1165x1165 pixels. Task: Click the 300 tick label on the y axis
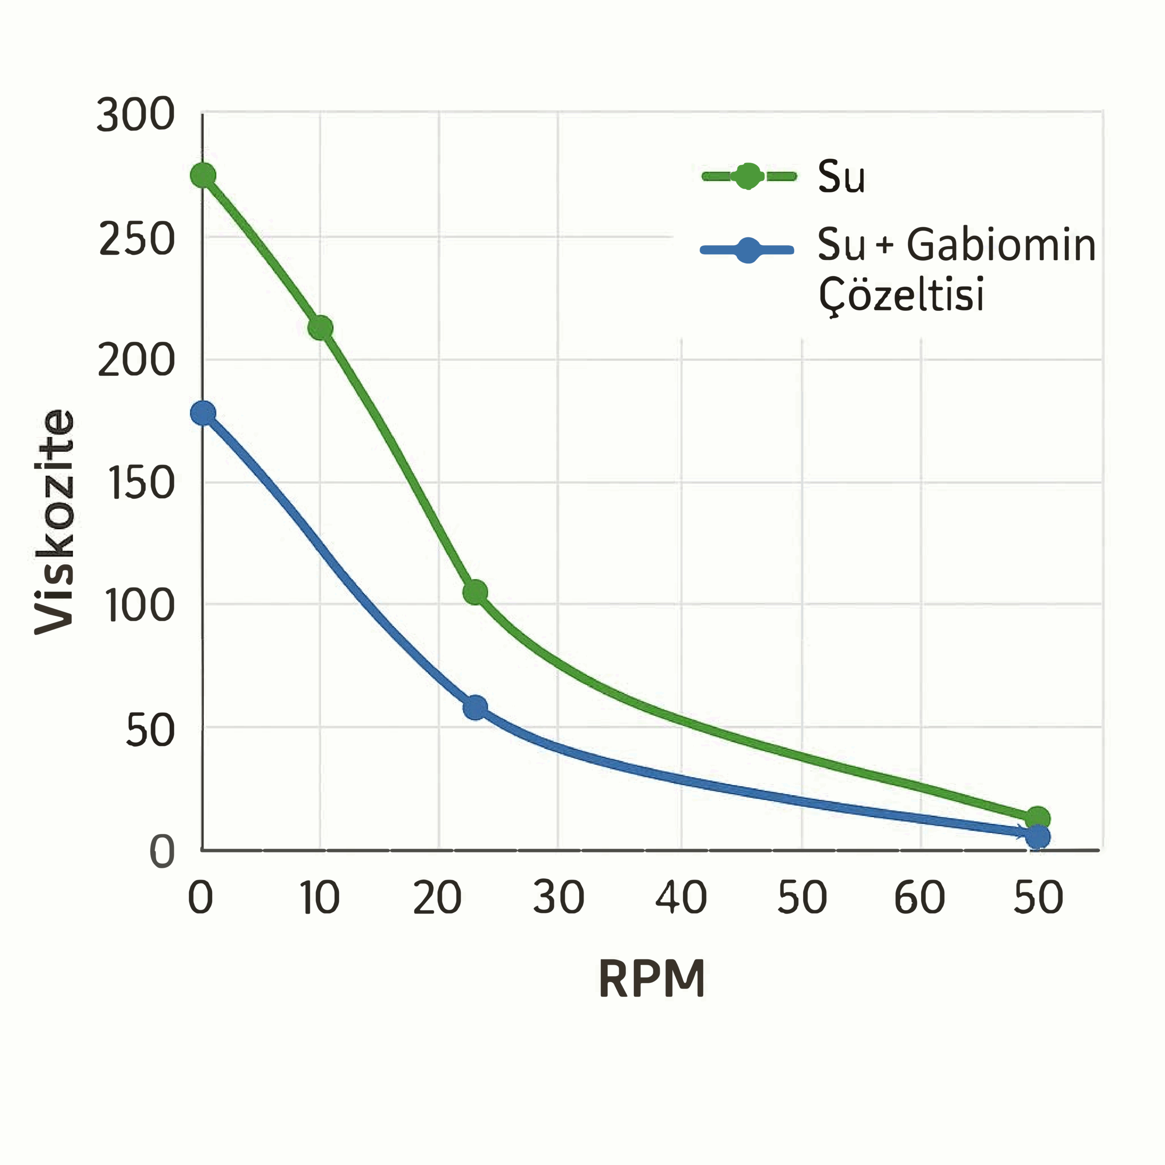point(136,116)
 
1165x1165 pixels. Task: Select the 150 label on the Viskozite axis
point(140,484)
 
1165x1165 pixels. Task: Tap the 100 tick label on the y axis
point(140,606)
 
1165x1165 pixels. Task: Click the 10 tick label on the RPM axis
point(319,898)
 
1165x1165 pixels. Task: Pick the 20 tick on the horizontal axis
point(438,898)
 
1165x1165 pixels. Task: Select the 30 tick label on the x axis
point(558,898)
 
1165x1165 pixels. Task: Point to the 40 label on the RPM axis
point(681,898)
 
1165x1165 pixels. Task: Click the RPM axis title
point(652,979)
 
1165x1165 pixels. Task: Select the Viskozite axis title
point(54,522)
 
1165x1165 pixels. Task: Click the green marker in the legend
point(748,176)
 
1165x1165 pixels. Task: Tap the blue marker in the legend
point(748,250)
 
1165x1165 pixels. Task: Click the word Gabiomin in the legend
point(1001,246)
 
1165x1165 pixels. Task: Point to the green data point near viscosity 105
point(475,592)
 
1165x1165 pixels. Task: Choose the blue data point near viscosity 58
point(475,707)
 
